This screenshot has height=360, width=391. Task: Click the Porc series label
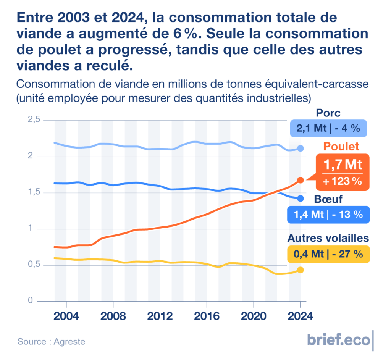tap(328, 113)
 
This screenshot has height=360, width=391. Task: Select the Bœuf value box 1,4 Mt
tap(328, 215)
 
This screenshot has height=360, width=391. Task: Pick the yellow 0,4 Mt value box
tap(328, 254)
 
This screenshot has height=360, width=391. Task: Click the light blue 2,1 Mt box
tap(328, 128)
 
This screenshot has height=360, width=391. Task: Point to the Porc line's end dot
tap(301, 148)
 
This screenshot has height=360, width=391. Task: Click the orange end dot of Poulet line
tap(301, 180)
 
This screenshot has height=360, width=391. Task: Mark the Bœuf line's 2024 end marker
tap(301, 198)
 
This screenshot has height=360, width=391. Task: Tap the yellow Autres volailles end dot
tap(301, 270)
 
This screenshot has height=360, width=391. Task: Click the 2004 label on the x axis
tap(66, 316)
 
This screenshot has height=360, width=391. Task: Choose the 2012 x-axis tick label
tap(160, 316)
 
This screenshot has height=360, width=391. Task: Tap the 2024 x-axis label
tap(300, 316)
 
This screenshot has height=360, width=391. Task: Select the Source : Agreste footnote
tap(51, 341)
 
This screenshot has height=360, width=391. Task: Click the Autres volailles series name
tap(328, 239)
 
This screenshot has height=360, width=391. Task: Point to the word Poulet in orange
tap(342, 147)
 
